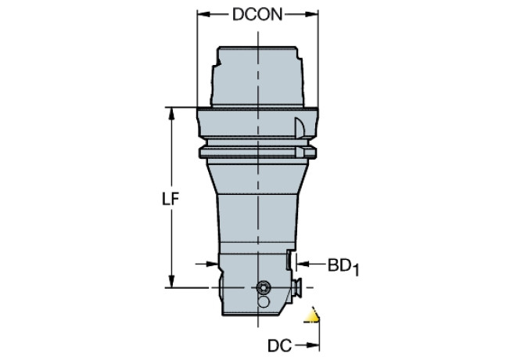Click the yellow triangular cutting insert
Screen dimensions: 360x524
coord(313,317)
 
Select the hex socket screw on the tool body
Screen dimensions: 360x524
coord(264,286)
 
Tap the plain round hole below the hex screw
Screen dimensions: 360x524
coord(264,301)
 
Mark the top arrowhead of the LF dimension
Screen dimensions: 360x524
coord(170,112)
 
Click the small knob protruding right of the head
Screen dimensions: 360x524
coord(299,287)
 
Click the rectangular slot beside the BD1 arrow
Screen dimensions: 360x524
coord(290,261)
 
